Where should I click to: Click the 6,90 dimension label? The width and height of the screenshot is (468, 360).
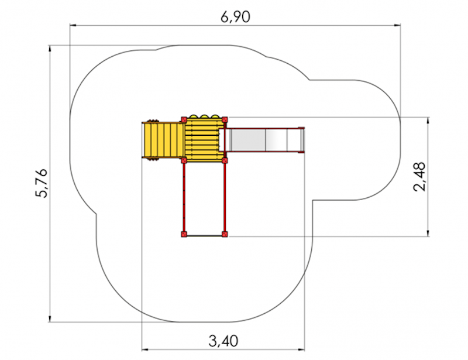pyautogui.click(x=235, y=17)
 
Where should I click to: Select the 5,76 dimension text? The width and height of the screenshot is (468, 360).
pyautogui.click(x=42, y=183)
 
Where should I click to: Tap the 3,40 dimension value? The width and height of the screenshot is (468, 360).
pyautogui.click(x=223, y=341)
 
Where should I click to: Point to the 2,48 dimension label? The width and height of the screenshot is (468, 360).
pyautogui.click(x=419, y=177)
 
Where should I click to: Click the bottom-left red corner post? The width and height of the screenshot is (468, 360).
pyautogui.click(x=184, y=234)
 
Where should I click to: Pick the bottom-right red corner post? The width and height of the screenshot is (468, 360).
pyautogui.click(x=225, y=234)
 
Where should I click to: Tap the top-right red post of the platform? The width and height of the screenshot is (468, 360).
pyautogui.click(x=225, y=120)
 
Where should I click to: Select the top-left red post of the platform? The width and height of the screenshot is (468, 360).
pyautogui.click(x=184, y=120)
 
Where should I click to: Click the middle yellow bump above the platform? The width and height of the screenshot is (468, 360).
pyautogui.click(x=204, y=116)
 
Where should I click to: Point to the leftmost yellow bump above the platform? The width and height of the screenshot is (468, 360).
pyautogui.click(x=194, y=116)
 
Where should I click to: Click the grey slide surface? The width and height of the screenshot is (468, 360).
pyautogui.click(x=264, y=140)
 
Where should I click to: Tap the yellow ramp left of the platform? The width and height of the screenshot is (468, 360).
pyautogui.click(x=163, y=140)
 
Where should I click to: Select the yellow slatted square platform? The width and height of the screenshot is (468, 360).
pyautogui.click(x=204, y=140)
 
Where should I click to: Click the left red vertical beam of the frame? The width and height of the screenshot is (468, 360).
pyautogui.click(x=184, y=197)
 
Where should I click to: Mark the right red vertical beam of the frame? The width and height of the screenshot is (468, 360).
pyautogui.click(x=225, y=197)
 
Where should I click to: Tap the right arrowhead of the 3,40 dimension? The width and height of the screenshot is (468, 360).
pyautogui.click(x=301, y=349)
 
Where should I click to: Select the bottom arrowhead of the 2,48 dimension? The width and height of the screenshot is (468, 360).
pyautogui.click(x=428, y=233)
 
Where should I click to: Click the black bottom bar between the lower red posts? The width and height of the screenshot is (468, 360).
pyautogui.click(x=204, y=236)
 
